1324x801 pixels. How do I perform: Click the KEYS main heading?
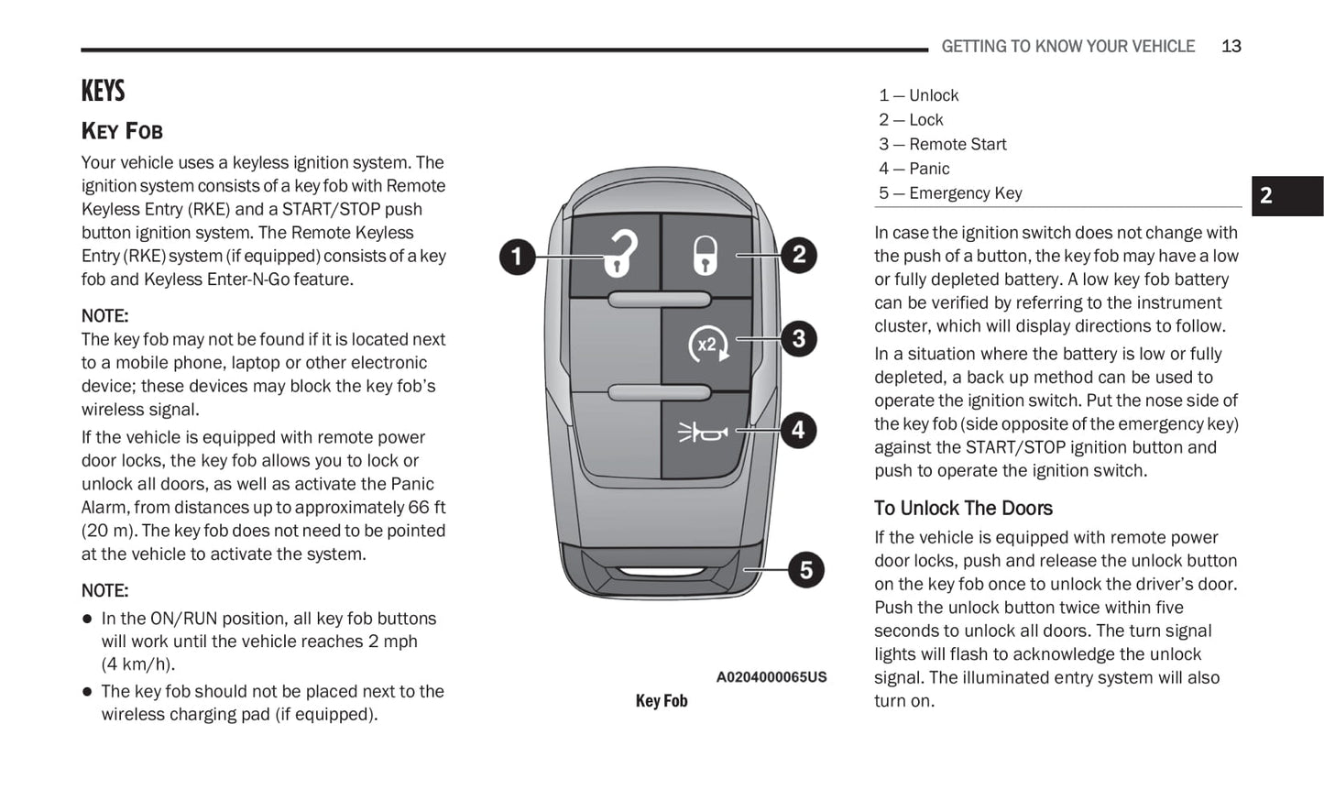pos(103,91)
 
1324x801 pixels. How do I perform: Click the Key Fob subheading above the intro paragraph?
pos(122,131)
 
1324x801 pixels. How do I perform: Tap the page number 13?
pos(1231,46)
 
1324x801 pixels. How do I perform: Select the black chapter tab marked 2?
pos(1286,195)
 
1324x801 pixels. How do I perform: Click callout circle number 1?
pos(517,256)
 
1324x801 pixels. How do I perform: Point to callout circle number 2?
pos(799,255)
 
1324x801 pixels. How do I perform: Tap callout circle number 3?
pos(799,339)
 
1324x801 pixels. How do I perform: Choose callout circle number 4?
pos(799,430)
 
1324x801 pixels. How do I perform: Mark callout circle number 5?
pos(805,569)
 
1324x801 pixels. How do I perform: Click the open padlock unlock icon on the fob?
pos(619,253)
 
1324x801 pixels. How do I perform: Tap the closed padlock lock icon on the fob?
pos(705,256)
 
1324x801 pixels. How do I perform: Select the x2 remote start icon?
pos(707,345)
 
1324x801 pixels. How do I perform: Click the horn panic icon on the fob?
pos(703,431)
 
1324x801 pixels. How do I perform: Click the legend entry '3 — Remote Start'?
pos(942,144)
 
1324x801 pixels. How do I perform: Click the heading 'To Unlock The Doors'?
pos(963,509)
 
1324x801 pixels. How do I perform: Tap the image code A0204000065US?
pos(771,677)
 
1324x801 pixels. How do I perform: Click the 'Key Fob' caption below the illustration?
pos(661,701)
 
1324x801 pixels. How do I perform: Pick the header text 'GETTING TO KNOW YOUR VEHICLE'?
pos(1067,46)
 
